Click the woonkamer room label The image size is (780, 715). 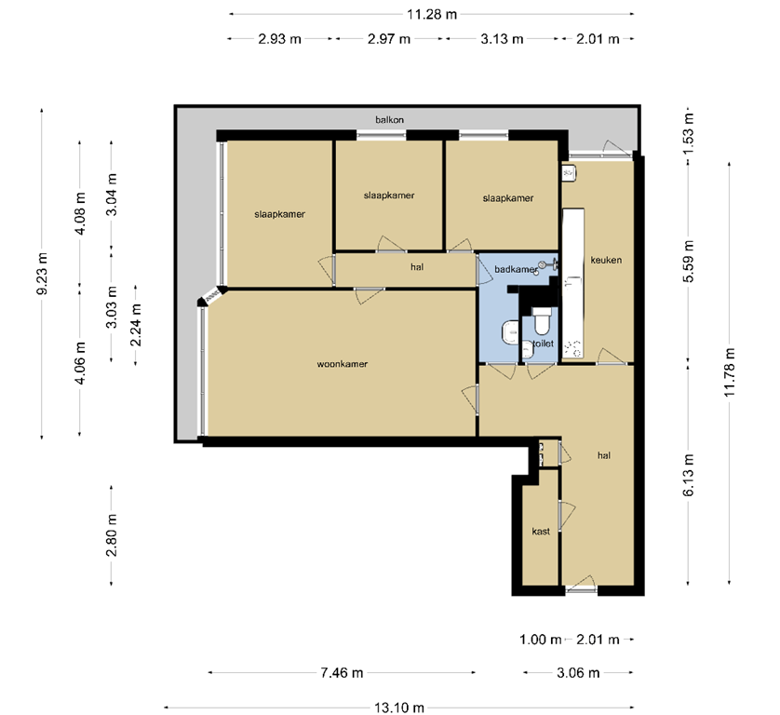click(336, 364)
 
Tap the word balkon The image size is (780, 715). click(389, 120)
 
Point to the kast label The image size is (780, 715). click(540, 532)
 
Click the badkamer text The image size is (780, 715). click(516, 269)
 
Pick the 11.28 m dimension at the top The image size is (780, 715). click(432, 14)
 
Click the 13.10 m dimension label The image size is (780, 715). click(399, 707)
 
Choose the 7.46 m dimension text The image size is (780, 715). click(343, 672)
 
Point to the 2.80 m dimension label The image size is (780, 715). click(112, 535)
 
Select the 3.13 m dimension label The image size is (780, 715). click(502, 39)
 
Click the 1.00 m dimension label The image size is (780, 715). click(541, 640)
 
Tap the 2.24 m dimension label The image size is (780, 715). click(136, 326)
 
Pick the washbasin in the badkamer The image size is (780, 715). click(510, 332)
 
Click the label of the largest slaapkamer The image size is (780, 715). click(279, 213)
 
